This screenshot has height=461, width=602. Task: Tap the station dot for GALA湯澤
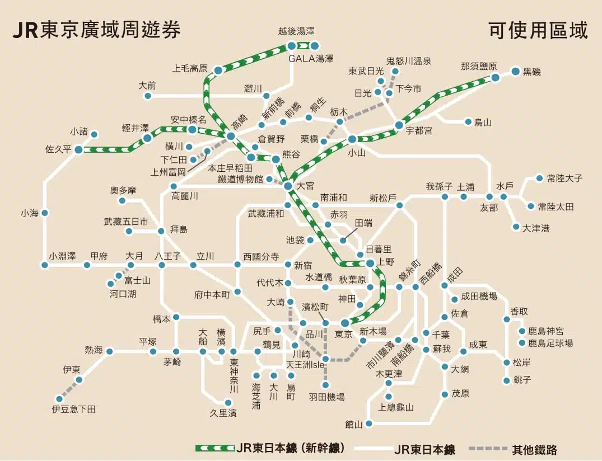coord(315,46)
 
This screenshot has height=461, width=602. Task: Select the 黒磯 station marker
coord(516,72)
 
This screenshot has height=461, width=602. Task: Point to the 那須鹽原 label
coord(479,66)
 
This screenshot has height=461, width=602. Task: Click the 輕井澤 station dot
coord(147,138)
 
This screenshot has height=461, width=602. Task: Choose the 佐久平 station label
coord(59,149)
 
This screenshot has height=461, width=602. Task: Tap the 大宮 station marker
coord(287,186)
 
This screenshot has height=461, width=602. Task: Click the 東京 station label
coord(343,335)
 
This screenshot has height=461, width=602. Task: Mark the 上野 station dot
coord(370,263)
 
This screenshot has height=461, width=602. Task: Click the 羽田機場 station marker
coord(325,385)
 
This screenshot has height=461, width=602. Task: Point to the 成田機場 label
coord(479,297)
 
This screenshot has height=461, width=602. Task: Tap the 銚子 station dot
coord(507,380)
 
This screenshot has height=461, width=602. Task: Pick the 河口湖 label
coord(123,293)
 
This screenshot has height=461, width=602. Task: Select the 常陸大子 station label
coord(564,178)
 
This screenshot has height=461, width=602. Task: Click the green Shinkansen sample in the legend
coord(214,448)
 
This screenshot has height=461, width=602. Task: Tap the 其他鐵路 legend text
coord(534,449)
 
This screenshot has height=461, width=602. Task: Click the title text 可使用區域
coord(538,30)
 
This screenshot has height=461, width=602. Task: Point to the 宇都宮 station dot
coord(399,125)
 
